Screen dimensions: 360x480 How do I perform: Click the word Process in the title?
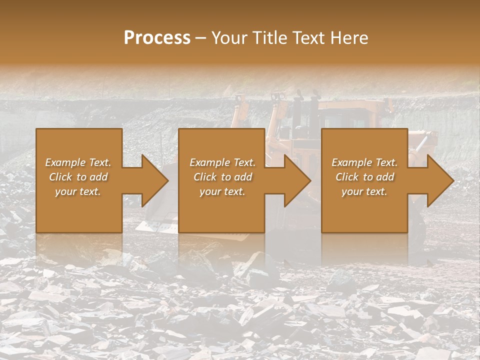coord(157,38)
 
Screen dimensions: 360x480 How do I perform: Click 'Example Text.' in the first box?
coord(78,162)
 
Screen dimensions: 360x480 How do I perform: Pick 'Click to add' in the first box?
coord(78,177)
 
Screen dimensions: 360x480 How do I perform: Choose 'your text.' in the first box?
coord(78,191)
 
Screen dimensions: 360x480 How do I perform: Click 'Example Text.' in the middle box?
coord(222,162)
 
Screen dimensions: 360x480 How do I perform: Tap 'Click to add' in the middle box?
coord(222,177)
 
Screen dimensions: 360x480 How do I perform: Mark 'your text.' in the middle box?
coord(222,191)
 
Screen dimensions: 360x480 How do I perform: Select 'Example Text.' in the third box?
coord(364,162)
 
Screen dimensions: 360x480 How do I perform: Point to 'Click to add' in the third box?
coord(364,177)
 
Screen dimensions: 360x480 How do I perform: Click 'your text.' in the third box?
coord(364,191)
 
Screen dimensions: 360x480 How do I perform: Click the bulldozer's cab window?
coord(345,120)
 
